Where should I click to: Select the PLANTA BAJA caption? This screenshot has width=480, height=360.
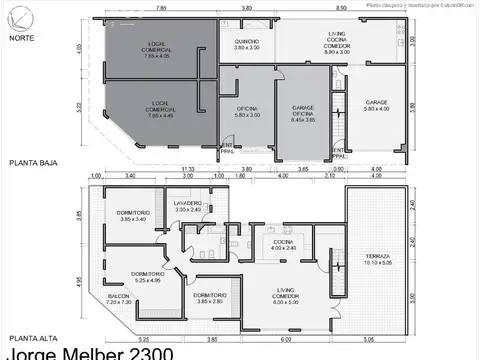33,161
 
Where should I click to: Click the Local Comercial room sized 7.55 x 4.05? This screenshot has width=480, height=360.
158,53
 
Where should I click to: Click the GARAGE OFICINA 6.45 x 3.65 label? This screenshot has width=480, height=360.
304,113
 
